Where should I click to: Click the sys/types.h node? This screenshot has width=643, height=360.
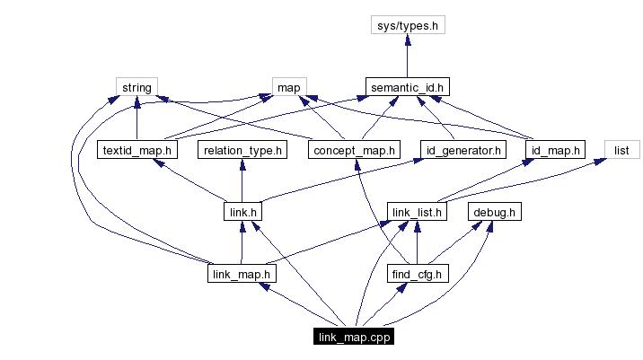(x=408, y=25)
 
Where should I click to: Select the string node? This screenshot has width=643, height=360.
(x=137, y=87)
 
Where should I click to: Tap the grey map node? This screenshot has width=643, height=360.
(x=287, y=87)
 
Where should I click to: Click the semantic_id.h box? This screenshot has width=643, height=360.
(x=408, y=87)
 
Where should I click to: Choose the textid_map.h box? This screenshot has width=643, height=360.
(x=137, y=149)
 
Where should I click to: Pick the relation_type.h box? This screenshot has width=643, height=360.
(x=242, y=149)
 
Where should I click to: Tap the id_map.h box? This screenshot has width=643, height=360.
(x=555, y=149)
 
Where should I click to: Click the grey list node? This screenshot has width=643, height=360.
(x=621, y=149)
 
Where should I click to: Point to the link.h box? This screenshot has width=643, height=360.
(x=241, y=212)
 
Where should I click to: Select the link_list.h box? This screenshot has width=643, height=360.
(x=417, y=212)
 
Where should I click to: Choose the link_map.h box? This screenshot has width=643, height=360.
(x=241, y=273)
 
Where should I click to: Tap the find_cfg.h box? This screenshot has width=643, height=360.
(x=417, y=273)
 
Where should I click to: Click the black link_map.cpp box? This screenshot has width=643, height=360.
(x=354, y=337)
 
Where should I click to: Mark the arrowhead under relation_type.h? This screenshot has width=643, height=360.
(x=241, y=165)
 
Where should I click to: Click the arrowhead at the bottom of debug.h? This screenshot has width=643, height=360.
(x=491, y=227)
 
